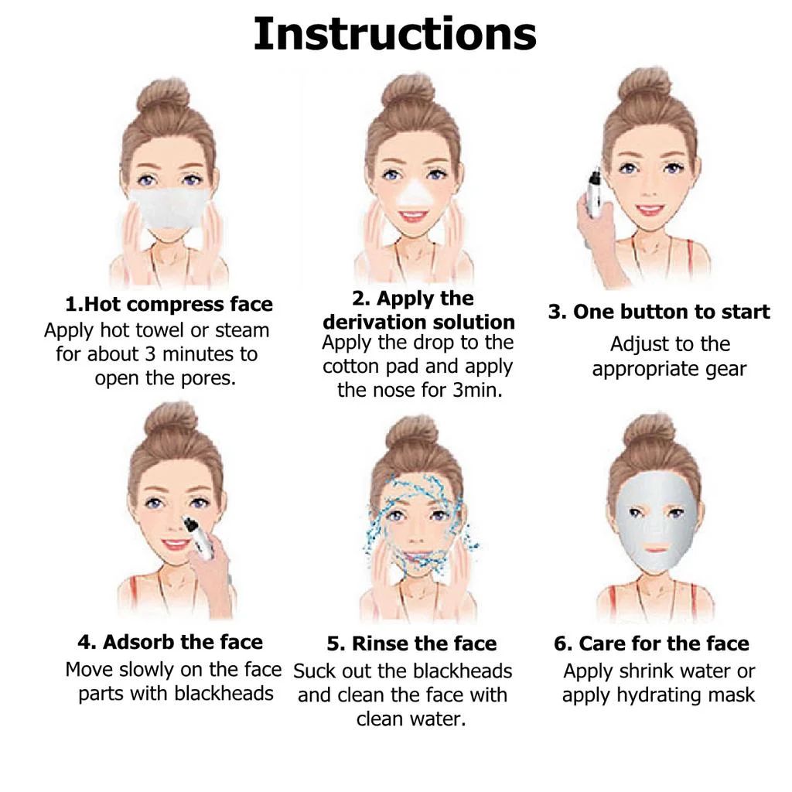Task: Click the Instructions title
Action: (395, 34)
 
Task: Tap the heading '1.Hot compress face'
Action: (169, 305)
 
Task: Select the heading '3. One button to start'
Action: (659, 312)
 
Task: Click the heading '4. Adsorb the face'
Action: (170, 642)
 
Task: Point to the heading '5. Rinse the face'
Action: (411, 643)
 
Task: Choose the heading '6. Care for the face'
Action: (651, 643)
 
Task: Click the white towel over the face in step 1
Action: (168, 207)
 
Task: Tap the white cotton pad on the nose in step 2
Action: (415, 194)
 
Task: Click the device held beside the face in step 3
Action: (595, 194)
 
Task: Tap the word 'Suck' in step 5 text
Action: (313, 671)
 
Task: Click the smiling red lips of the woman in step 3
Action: (650, 209)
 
